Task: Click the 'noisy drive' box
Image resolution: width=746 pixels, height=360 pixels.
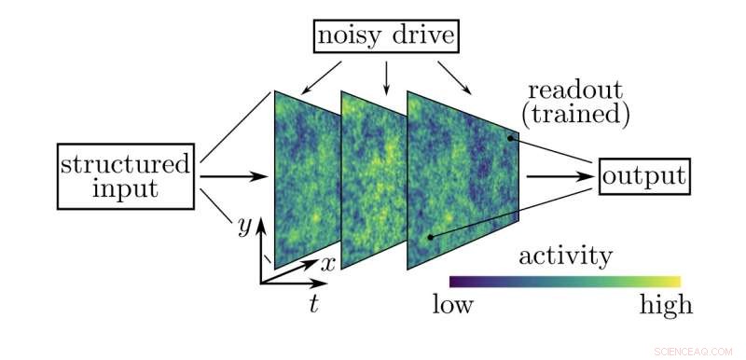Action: (x=387, y=37)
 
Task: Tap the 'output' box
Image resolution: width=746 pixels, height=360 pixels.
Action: (x=644, y=174)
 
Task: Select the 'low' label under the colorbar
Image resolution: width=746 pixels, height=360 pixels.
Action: (x=453, y=305)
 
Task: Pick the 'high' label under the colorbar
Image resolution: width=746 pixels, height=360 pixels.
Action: (x=666, y=305)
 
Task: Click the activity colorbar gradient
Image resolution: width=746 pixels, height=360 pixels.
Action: (x=565, y=281)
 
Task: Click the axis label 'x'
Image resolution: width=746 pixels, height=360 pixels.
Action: (x=327, y=263)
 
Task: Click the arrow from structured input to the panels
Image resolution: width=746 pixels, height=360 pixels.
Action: (x=233, y=174)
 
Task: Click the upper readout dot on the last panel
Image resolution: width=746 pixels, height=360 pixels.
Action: (x=509, y=138)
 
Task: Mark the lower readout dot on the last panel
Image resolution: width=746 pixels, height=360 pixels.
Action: (x=429, y=237)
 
